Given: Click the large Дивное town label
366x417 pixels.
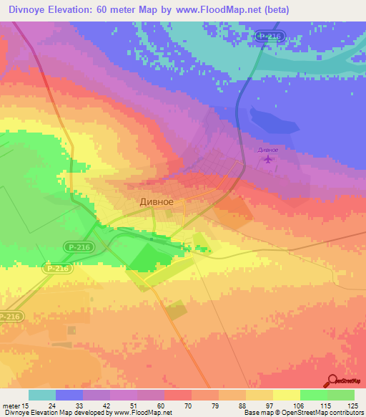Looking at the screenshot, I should [x=156, y=202].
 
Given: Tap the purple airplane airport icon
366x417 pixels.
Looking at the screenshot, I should [x=268, y=159].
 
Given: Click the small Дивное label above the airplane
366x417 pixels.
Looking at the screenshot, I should [x=268, y=149].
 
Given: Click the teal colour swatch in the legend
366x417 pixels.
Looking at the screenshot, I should [x=42, y=395].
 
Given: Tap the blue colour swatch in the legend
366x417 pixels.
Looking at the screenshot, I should [x=69, y=395].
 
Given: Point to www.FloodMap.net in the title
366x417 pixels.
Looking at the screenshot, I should [x=221, y=10].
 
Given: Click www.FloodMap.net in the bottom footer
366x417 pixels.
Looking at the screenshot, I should [x=140, y=413].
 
